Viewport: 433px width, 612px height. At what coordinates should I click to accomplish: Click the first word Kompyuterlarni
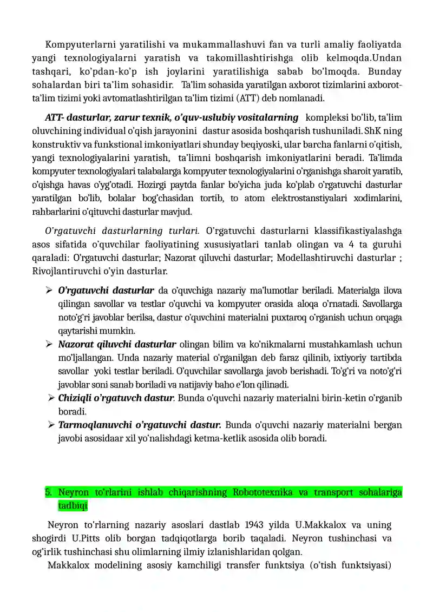73,44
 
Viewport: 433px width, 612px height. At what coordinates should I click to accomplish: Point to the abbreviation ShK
374,130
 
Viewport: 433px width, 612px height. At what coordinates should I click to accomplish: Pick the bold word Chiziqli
74,398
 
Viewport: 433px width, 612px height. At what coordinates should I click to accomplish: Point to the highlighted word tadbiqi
73,505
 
